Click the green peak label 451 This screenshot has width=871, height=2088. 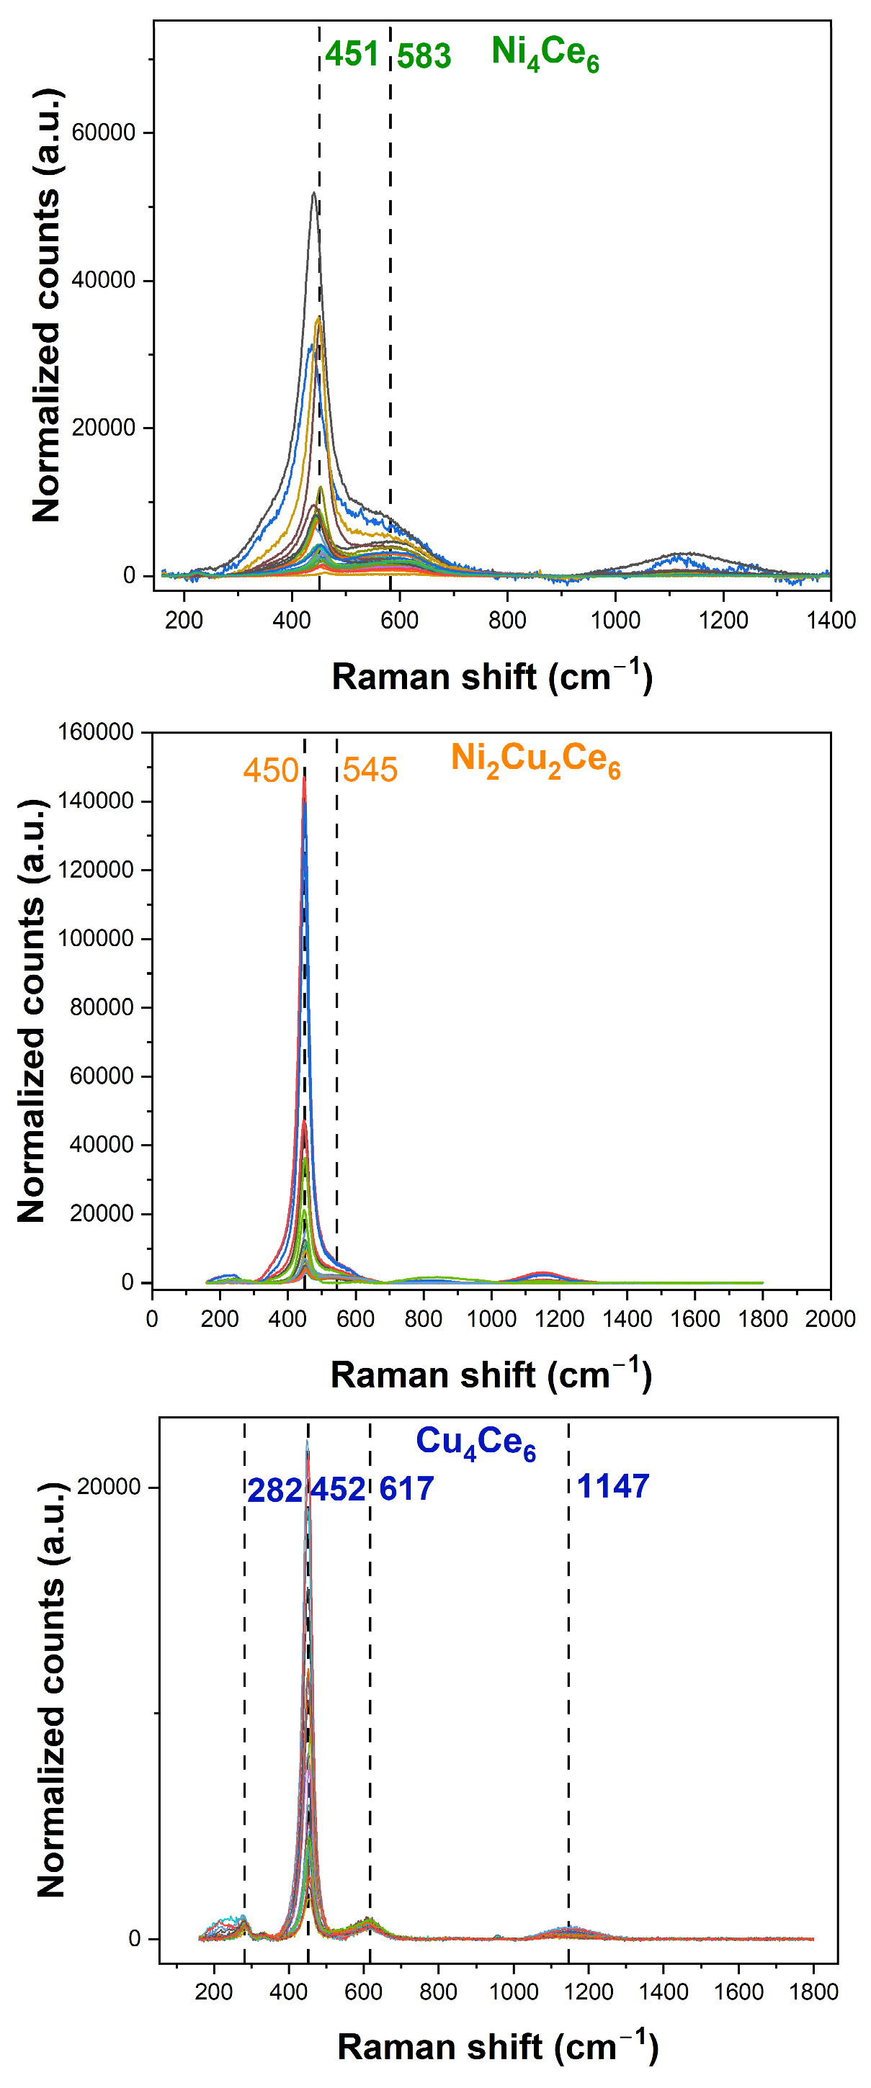click(x=352, y=55)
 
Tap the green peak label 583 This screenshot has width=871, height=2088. click(x=424, y=57)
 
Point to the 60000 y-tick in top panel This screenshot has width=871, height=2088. click(x=103, y=132)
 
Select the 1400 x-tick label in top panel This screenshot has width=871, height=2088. click(x=831, y=620)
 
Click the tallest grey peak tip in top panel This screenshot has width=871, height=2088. click(x=314, y=193)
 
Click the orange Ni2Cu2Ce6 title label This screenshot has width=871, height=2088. click(x=535, y=760)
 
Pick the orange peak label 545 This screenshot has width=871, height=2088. click(x=370, y=770)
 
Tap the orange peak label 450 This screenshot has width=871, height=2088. click(x=271, y=770)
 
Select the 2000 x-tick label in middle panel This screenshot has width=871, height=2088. click(x=830, y=1319)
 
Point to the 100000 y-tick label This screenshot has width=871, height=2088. click(x=95, y=938)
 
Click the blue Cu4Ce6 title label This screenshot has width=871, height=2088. click(x=475, y=1443)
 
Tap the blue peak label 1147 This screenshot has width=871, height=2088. click(x=613, y=1487)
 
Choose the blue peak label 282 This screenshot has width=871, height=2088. click(x=274, y=1490)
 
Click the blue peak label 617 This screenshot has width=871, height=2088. click(x=406, y=1489)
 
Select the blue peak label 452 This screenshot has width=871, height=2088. click(x=338, y=1490)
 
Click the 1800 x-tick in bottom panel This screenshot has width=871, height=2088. click(x=813, y=1992)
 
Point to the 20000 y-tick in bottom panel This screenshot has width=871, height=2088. click(x=109, y=1487)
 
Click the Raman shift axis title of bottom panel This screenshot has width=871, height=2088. click(x=497, y=2047)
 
